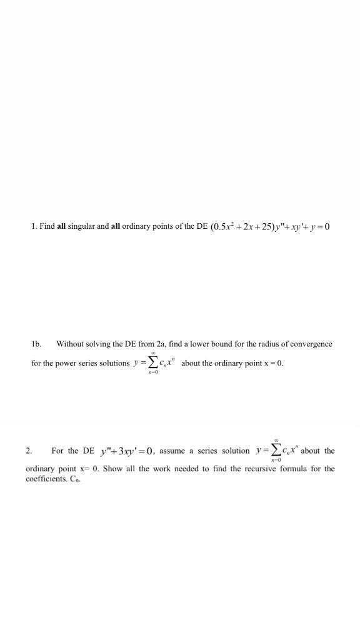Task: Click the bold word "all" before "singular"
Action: click(x=61, y=226)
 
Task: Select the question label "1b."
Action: click(x=36, y=344)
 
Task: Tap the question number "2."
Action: click(x=29, y=450)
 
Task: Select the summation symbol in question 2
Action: click(x=274, y=450)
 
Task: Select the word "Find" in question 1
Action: click(x=46, y=226)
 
